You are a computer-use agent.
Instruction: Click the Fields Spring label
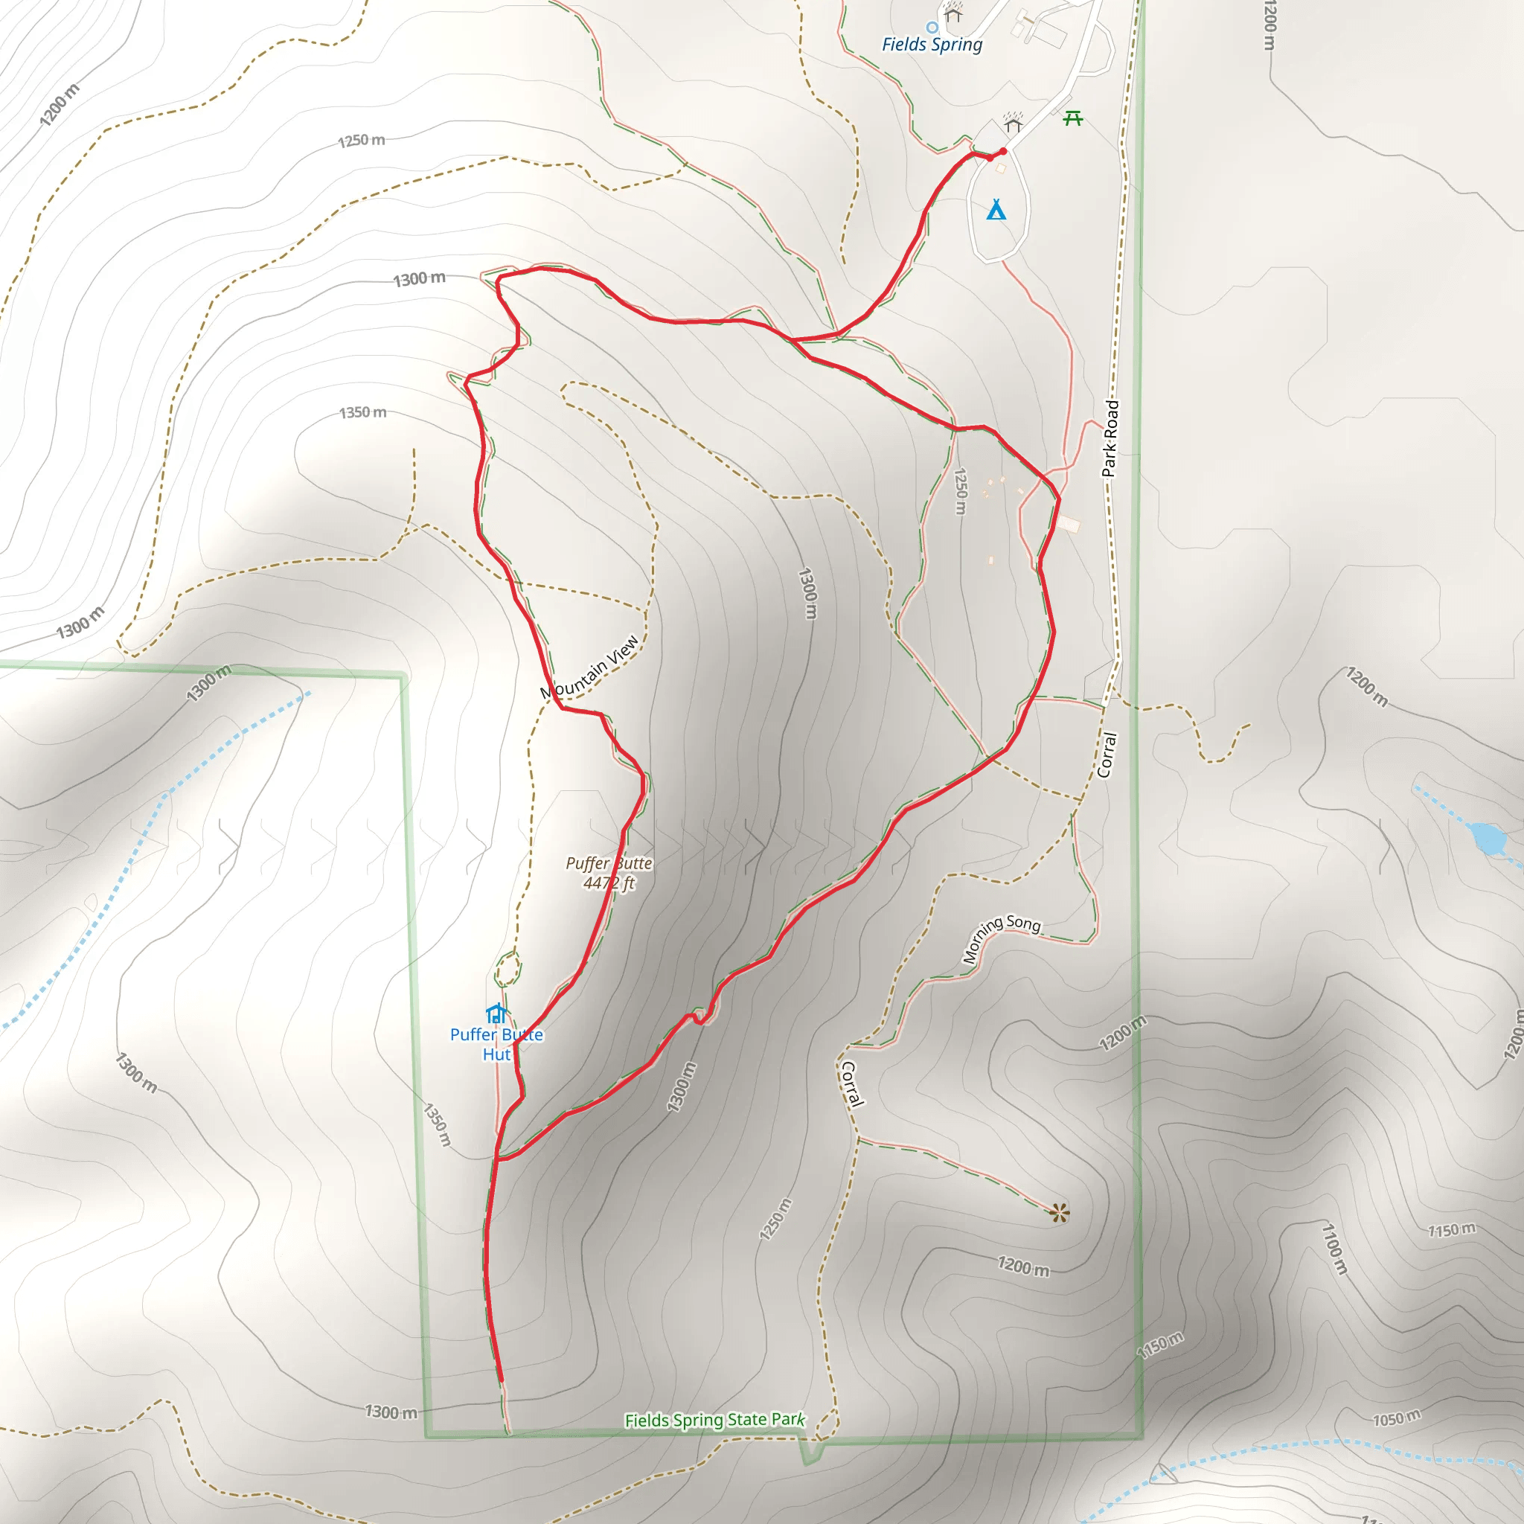[x=932, y=45]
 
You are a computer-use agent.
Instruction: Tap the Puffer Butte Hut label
[x=496, y=1044]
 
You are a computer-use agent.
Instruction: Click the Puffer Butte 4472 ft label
[x=609, y=872]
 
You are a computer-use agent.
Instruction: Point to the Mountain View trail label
[x=589, y=667]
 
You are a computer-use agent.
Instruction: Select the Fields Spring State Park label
[x=714, y=1420]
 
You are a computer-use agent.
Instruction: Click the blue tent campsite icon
[x=996, y=210]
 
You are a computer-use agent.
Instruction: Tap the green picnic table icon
[x=1073, y=118]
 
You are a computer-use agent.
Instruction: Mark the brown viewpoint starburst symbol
[x=1060, y=1213]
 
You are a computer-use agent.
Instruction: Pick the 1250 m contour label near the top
[x=361, y=141]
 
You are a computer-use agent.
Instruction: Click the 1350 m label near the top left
[x=363, y=412]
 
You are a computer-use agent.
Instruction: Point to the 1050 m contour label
[x=1396, y=1418]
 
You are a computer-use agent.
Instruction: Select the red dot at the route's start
[x=1002, y=150]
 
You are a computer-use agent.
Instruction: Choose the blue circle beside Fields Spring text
[x=932, y=28]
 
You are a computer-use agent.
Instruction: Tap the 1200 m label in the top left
[x=60, y=105]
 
